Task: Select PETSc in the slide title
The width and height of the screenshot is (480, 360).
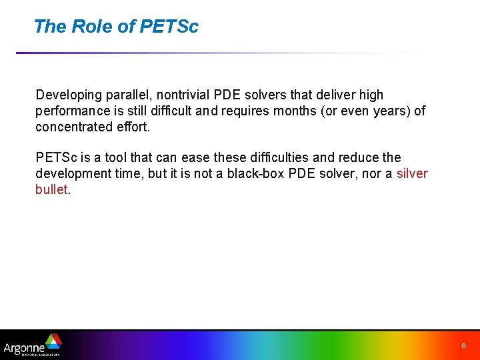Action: [x=169, y=27]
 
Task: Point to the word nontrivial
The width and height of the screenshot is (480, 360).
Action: [x=185, y=95]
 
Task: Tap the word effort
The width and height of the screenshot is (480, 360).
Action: [x=135, y=126]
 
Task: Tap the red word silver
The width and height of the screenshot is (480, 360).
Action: [x=412, y=173]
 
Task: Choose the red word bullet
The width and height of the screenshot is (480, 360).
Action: [x=51, y=189]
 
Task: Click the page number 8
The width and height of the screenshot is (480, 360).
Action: [x=463, y=346]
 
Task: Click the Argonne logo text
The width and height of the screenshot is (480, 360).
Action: [x=23, y=347]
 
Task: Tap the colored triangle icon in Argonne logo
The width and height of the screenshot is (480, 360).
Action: [x=53, y=341]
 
